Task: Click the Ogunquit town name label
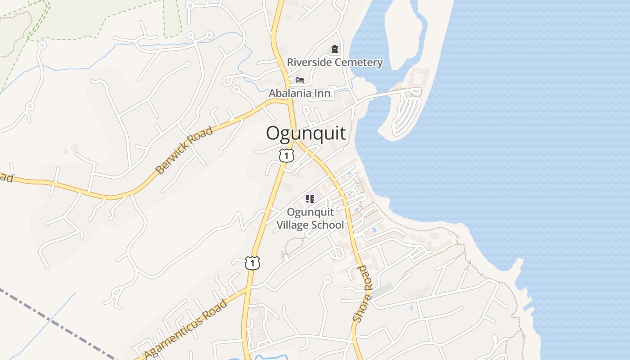[x=306, y=134]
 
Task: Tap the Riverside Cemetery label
[x=335, y=63]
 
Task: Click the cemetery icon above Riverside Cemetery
[x=334, y=49]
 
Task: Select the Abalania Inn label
[x=300, y=94]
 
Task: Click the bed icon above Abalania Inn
[x=300, y=80]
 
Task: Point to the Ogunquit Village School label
[x=310, y=218]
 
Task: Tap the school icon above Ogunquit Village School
[x=310, y=198]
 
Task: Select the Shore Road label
[x=363, y=293]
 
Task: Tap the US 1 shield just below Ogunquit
[x=286, y=156]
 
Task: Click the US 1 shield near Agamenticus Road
[x=252, y=263]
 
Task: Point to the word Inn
[x=323, y=94]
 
